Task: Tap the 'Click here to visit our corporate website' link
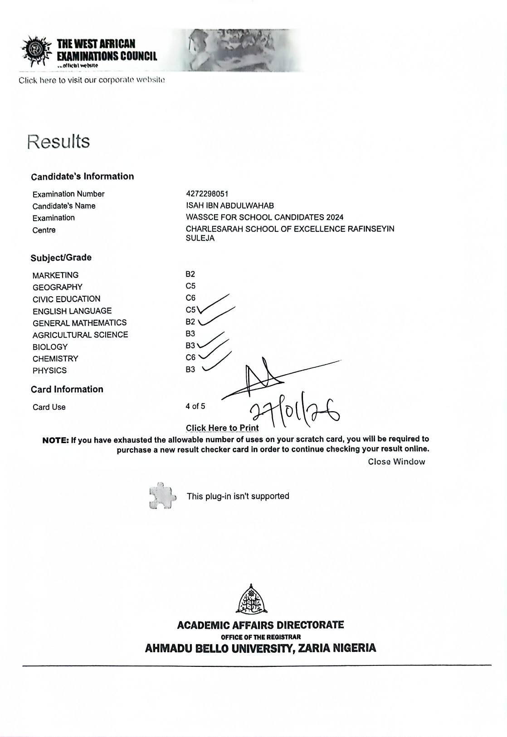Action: (92, 80)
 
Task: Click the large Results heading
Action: (58, 141)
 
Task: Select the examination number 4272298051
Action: (207, 194)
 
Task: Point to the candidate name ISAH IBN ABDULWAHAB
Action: (229, 206)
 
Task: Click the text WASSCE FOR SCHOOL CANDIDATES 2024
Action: (264, 217)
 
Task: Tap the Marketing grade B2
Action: (190, 274)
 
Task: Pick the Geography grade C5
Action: (190, 286)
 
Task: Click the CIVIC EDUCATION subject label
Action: (66, 299)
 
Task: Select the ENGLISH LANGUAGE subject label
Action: (72, 311)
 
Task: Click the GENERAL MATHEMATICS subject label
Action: (79, 323)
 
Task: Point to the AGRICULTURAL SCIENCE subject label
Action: (80, 335)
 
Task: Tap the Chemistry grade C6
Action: (190, 358)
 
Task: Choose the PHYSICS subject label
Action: (49, 371)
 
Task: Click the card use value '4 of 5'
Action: (195, 406)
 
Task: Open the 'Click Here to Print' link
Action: (222, 428)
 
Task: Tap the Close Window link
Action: (396, 462)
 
